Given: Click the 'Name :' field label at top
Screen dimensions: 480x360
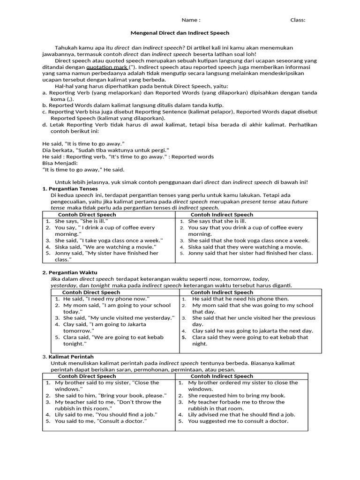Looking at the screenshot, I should pyautogui.click(x=191, y=20).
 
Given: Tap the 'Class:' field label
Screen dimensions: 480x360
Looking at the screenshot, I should pyautogui.click(x=298, y=20).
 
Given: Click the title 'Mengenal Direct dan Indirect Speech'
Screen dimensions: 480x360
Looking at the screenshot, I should pyautogui.click(x=180, y=33).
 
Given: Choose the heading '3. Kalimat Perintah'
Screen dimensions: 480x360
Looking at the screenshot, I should pyautogui.click(x=69, y=357).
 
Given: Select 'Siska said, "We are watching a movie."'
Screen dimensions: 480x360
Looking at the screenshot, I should pyautogui.click(x=105, y=247).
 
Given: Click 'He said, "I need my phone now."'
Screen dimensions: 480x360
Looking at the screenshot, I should pyautogui.click(x=106, y=299).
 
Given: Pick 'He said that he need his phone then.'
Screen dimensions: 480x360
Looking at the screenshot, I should pyautogui.click(x=240, y=299).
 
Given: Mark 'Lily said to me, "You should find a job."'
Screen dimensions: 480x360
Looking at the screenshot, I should pyautogui.click(x=106, y=414).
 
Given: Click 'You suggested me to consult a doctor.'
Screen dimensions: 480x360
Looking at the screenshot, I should pyautogui.click(x=238, y=421).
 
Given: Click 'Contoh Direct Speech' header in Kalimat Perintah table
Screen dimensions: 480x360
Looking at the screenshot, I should pyautogui.click(x=87, y=376).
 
